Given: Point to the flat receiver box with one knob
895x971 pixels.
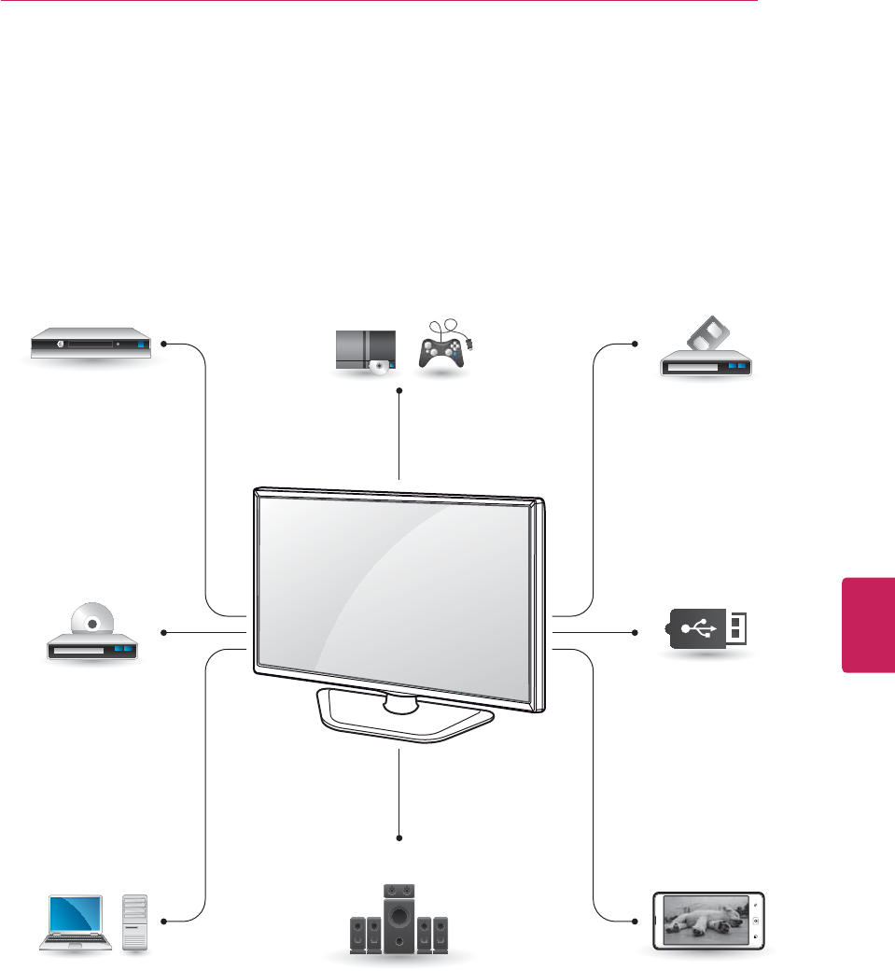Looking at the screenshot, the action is [89, 344].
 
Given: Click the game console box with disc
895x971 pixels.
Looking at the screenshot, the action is [365, 351].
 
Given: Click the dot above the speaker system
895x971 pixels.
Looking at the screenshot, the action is [399, 837].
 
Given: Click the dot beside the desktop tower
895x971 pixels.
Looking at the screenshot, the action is [163, 922].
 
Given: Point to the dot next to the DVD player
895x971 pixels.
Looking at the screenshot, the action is [163, 633].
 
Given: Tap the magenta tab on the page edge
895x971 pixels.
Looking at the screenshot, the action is [868, 624].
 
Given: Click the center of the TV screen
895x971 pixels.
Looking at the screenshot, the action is [399, 586].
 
